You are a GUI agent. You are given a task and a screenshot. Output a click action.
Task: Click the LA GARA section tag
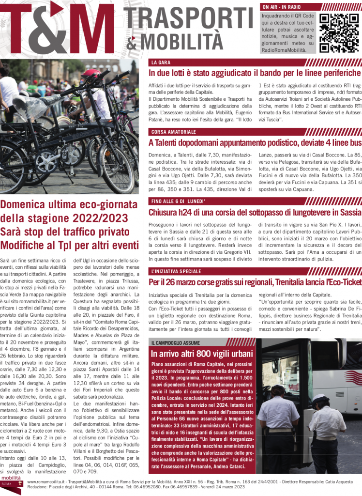(161, 62)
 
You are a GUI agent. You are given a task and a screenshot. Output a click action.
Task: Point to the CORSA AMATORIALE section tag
(173, 132)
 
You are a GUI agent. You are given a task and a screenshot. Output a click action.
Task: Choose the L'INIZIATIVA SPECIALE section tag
(176, 271)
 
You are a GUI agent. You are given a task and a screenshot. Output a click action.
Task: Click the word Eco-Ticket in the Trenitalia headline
(343, 282)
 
